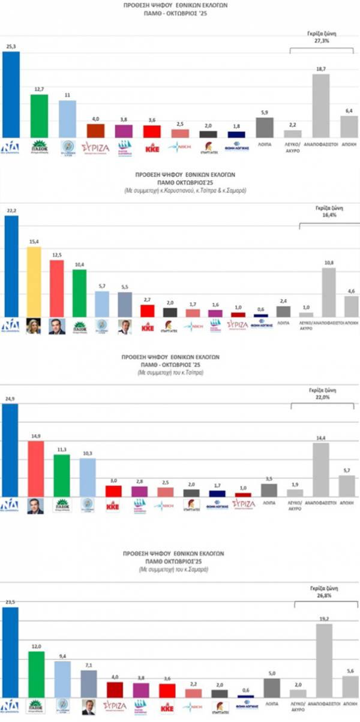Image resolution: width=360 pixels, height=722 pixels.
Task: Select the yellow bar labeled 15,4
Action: (34, 282)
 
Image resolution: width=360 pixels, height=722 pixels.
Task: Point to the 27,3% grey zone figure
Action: (322, 41)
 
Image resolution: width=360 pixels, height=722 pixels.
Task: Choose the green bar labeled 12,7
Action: (39, 116)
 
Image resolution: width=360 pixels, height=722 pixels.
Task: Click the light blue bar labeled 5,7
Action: (103, 304)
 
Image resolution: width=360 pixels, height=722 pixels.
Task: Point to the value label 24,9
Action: (11, 399)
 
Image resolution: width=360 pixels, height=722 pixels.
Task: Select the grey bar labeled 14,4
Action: (321, 470)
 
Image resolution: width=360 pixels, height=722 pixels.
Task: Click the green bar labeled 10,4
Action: (79, 293)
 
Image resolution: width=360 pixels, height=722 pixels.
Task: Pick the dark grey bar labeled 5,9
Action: (265, 127)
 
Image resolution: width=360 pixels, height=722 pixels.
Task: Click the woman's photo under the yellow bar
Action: (34, 326)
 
